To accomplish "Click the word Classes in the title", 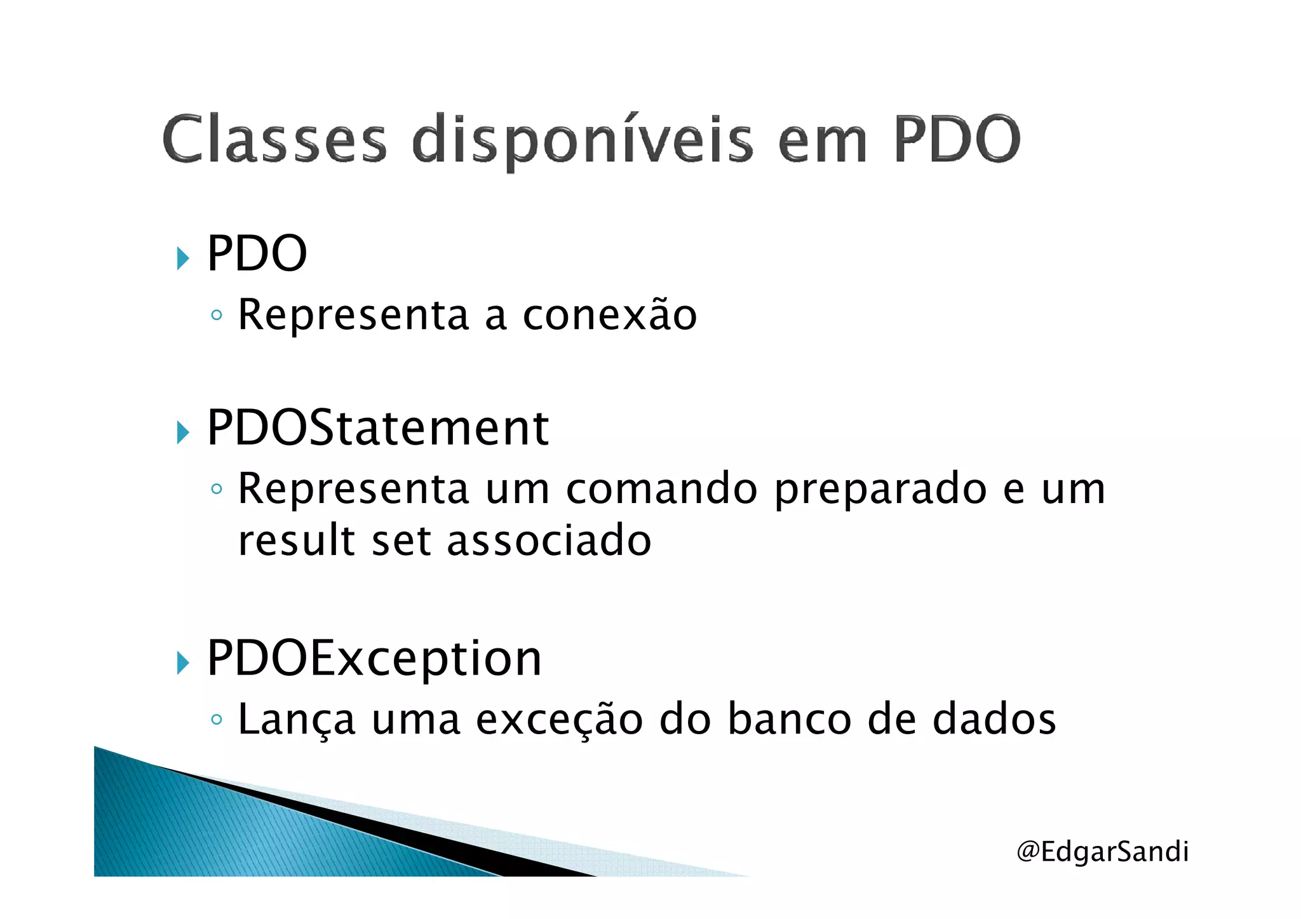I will point(274,139).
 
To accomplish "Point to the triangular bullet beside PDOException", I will point(183,663).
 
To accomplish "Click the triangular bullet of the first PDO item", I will point(183,258).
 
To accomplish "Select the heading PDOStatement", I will point(377,427).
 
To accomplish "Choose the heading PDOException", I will point(374,659).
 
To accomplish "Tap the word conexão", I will point(609,314).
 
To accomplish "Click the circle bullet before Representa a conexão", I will point(217,315).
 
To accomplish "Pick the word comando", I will point(661,489).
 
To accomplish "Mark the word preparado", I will point(880,490).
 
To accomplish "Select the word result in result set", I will point(296,540).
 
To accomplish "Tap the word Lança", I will point(296,720).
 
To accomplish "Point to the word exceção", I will point(559,720).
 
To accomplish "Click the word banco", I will point(789,719).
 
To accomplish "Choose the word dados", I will point(994,719).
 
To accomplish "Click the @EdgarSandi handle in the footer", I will point(1102,851).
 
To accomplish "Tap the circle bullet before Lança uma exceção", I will point(217,720).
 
